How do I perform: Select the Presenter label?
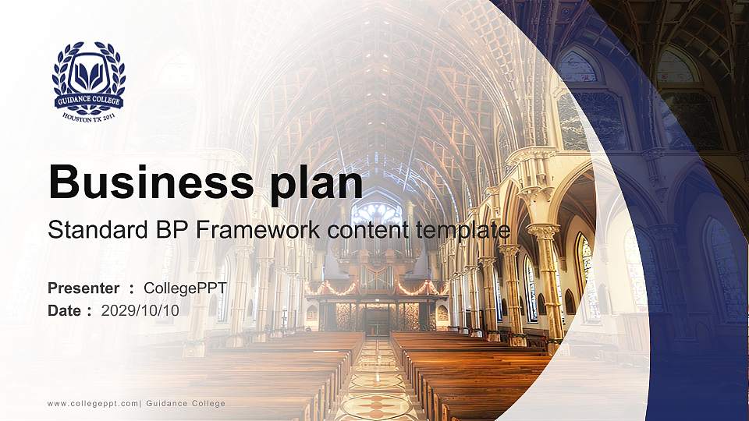[83, 288]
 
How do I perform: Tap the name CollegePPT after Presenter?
[185, 288]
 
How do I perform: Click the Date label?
[65, 310]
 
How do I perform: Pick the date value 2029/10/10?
[140, 310]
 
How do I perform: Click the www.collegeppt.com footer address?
[93, 403]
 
